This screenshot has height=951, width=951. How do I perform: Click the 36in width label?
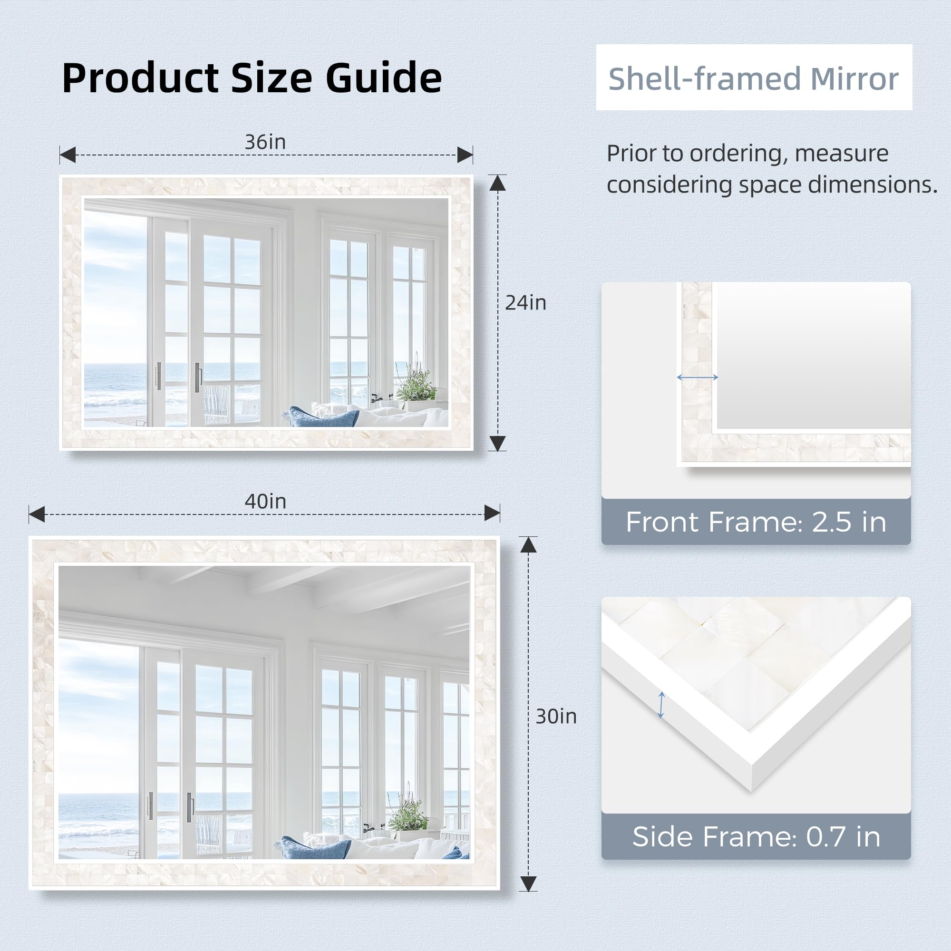265,142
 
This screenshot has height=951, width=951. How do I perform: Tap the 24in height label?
526,303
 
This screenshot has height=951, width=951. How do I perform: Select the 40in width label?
265,502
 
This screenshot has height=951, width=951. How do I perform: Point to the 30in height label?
556,717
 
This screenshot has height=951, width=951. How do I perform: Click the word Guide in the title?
383,78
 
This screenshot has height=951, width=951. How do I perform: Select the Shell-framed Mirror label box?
754,78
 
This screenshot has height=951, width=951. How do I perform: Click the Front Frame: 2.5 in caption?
756,522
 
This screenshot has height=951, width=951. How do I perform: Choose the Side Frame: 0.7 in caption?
756,837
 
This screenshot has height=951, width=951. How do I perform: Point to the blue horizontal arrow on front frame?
698,378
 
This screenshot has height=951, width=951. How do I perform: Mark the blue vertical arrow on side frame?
661,705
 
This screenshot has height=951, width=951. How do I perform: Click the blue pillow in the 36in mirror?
323,417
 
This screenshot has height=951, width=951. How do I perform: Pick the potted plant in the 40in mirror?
408,815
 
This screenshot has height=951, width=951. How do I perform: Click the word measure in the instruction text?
842,153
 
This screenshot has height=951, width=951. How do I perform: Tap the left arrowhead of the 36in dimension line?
68,155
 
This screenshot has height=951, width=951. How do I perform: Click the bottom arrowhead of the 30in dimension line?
528,884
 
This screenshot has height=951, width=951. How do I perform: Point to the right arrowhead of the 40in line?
492,514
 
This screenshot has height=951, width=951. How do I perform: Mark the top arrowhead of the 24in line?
498,183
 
